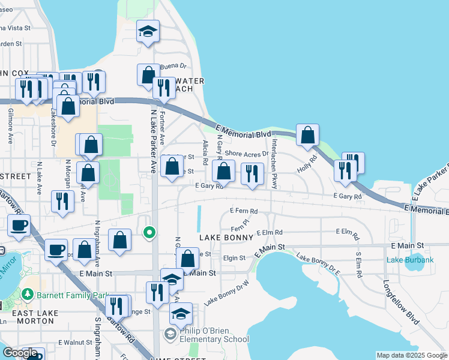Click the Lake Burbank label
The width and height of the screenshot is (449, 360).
(x=410, y=260)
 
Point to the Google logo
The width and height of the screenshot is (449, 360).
(x=20, y=353)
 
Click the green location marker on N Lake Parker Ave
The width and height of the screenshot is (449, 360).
(x=150, y=232)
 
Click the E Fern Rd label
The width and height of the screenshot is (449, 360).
(x=244, y=211)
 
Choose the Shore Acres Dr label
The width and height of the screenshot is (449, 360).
(x=247, y=154)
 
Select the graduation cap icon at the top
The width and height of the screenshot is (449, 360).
(x=148, y=31)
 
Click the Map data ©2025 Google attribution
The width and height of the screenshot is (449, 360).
(x=411, y=355)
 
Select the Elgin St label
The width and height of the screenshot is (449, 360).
(x=234, y=258)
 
